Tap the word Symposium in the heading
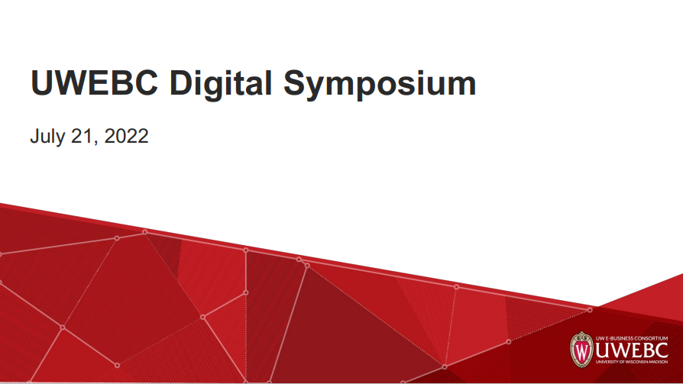pyautogui.click(x=380, y=83)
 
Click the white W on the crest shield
pyautogui.click(x=582, y=351)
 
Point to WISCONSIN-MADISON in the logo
pyautogui.click(x=650, y=363)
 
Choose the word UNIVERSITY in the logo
pyautogui.click(x=610, y=363)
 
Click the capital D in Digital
pyautogui.click(x=182, y=82)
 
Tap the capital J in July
pyautogui.click(x=34, y=137)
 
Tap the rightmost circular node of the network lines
pyautogui.click(x=590, y=309)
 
